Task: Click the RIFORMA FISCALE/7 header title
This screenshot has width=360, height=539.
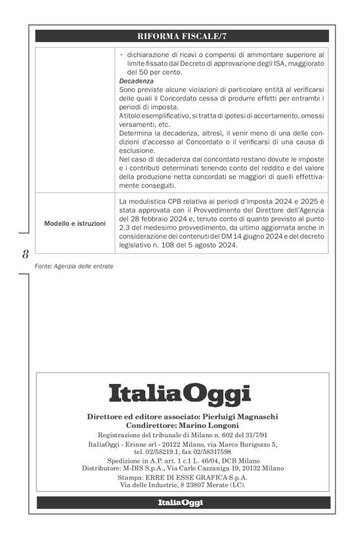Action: click(182, 37)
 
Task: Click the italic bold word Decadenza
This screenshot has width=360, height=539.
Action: click(137, 81)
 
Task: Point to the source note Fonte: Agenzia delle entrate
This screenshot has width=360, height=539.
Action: click(74, 267)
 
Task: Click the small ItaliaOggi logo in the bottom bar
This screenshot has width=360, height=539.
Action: click(180, 503)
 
